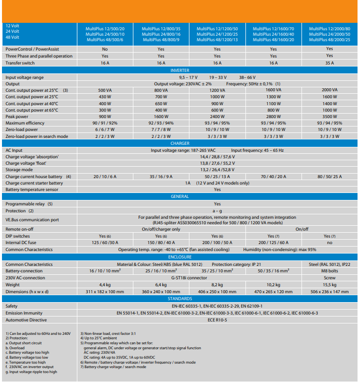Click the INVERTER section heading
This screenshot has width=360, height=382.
coord(180,71)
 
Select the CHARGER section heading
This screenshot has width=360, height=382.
coord(180,143)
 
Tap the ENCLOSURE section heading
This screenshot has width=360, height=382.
coord(180,257)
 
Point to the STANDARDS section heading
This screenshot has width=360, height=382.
coord(180,299)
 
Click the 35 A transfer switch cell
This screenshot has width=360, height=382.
coord(329,63)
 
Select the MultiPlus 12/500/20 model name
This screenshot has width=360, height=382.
coord(105,29)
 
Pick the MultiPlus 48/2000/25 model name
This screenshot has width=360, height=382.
coord(329,39)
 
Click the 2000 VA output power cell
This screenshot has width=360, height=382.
coord(329,90)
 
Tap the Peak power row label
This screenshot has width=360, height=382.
coord(18,116)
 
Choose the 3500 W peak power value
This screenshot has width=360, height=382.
coord(329,116)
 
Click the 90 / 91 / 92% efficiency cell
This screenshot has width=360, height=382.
coord(105,123)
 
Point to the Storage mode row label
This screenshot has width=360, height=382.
coord(20,170)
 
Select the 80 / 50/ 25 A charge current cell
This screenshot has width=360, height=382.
coord(329,176)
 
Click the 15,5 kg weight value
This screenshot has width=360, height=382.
coord(329,285)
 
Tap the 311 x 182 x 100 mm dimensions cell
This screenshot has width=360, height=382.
coord(105,292)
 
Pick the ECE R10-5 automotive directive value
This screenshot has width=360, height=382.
coord(217,320)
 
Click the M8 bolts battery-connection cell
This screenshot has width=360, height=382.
coord(329,271)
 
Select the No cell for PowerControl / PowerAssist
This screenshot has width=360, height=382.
coord(105,49)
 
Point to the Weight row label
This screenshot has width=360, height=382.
coord(13,285)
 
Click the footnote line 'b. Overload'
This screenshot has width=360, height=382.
coord(17,348)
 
